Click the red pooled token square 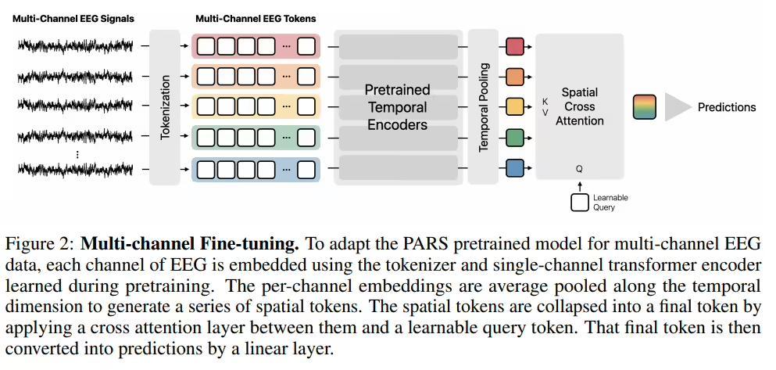515,47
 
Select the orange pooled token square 515,77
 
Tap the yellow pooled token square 515,106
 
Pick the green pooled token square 515,138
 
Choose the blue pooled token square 515,168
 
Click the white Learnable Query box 580,202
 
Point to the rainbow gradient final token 645,107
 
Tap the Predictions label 727,107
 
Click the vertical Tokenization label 166,107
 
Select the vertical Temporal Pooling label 484,107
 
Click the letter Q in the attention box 579,169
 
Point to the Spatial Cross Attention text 580,106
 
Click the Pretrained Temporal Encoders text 398,107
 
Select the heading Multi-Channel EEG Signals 73,20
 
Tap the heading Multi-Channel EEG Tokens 256,20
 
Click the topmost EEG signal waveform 76,46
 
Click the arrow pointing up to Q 580,185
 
